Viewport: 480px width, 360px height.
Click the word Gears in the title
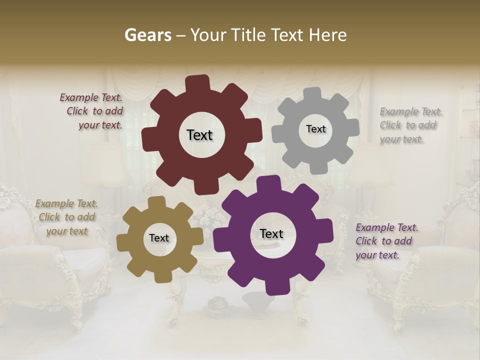tap(147, 35)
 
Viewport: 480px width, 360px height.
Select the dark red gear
tap(165, 150)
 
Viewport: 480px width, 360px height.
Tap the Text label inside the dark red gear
tap(199, 135)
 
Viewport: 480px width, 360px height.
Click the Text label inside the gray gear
tap(315, 129)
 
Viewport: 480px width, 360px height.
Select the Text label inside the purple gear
tap(271, 233)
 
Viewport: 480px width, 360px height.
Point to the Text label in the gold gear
tap(159, 238)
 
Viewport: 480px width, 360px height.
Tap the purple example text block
tap(386, 241)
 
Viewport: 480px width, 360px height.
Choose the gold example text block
tap(67, 217)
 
